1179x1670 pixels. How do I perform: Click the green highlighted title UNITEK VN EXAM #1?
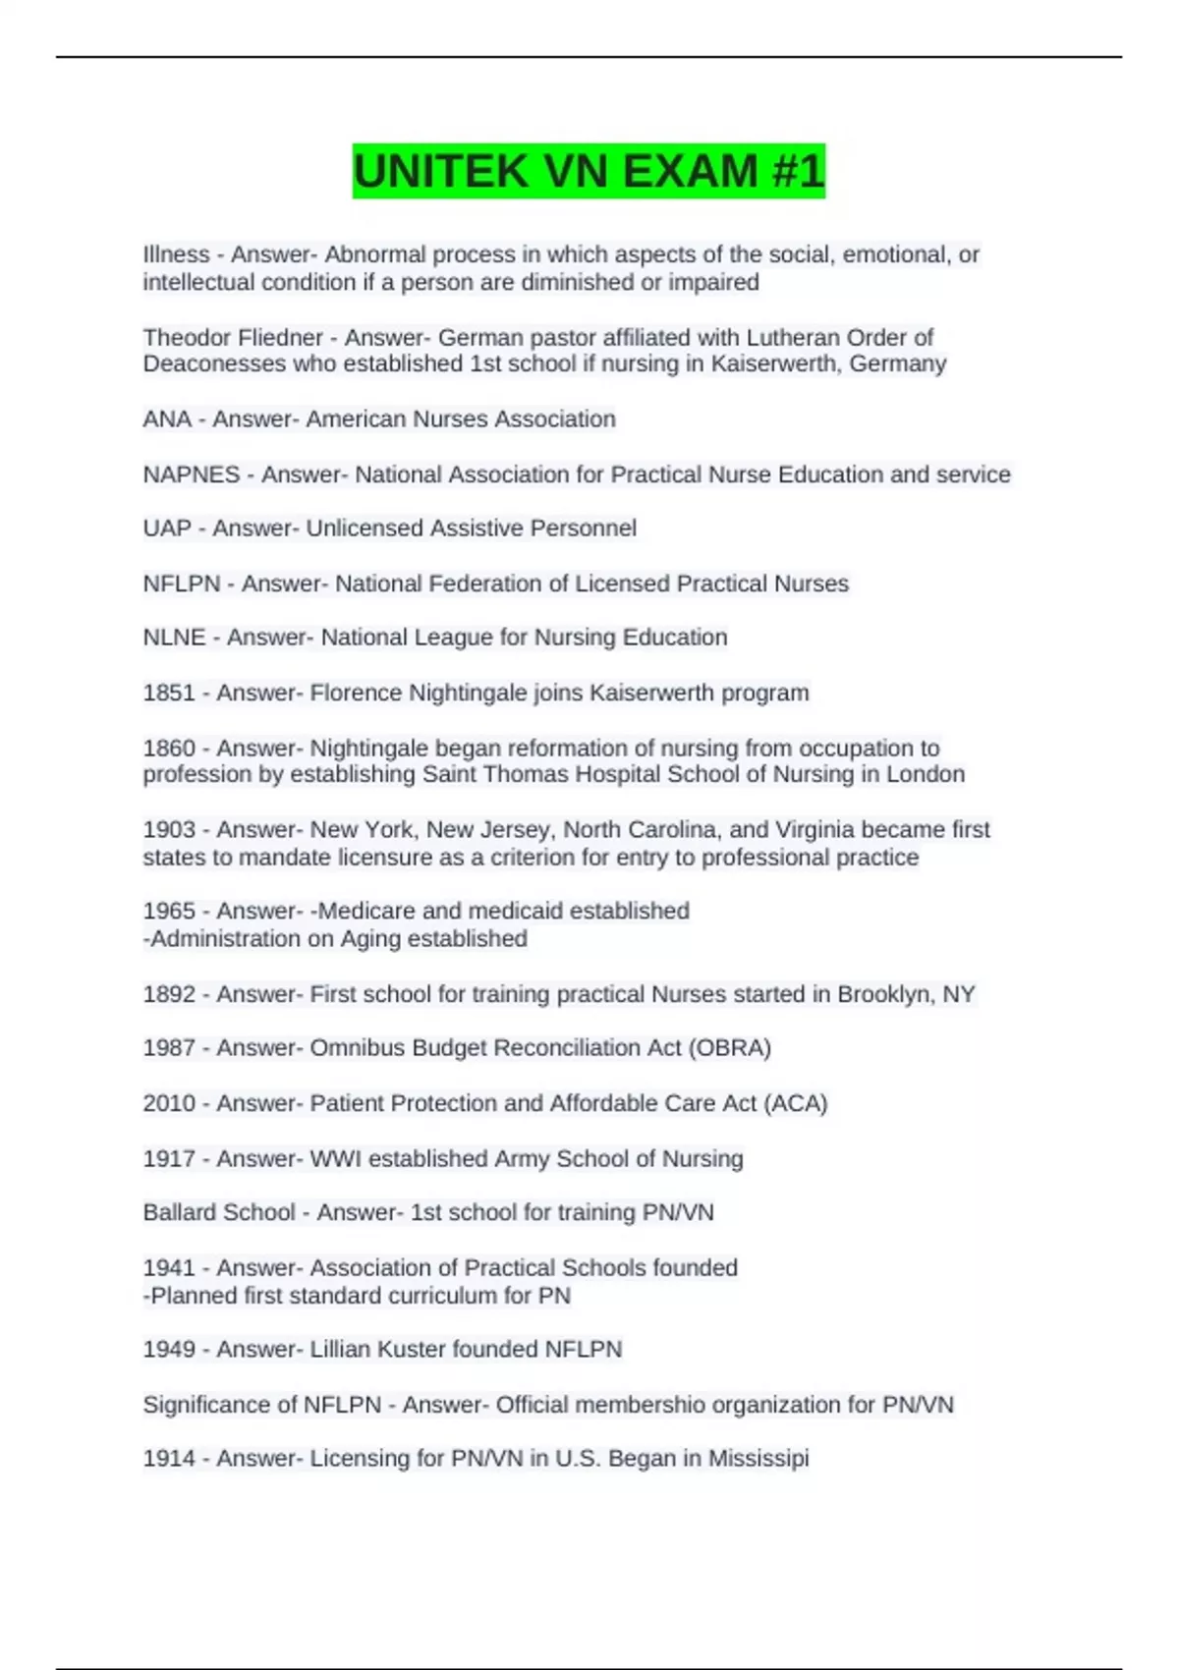(x=589, y=171)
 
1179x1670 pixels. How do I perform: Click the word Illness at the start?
(x=176, y=254)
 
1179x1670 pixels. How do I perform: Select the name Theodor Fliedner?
(x=233, y=337)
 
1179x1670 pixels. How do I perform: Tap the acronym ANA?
(x=167, y=418)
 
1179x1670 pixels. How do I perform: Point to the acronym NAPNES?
(x=192, y=474)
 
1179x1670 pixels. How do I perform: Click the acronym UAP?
(x=167, y=529)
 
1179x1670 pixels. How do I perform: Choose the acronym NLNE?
(x=174, y=638)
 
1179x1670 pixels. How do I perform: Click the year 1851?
(x=169, y=693)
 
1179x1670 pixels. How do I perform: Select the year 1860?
(x=169, y=748)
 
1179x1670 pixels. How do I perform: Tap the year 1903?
(x=169, y=830)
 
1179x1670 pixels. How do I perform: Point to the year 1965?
(x=169, y=911)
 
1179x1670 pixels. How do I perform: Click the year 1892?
(x=169, y=994)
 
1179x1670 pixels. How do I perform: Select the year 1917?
(x=169, y=1159)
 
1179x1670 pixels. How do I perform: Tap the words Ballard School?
(x=219, y=1212)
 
